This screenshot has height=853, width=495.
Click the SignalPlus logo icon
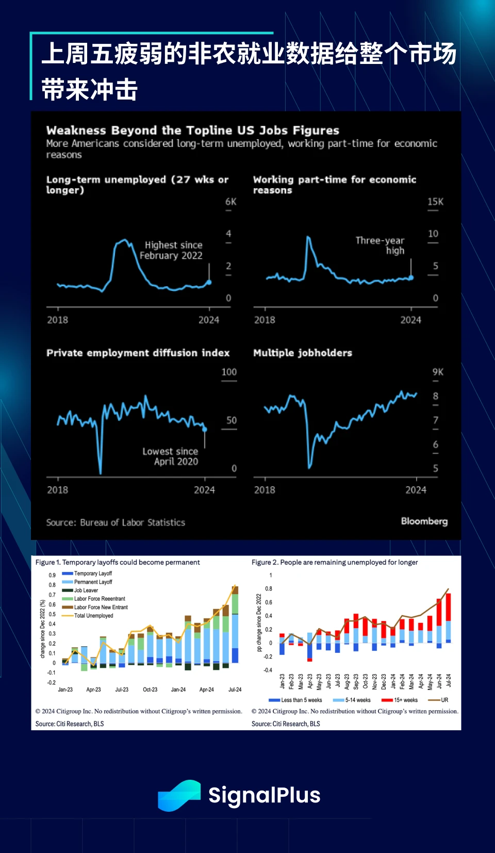pyautogui.click(x=179, y=795)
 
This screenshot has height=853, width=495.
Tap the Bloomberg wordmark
pyautogui.click(x=424, y=521)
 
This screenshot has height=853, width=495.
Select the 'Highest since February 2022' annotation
pyautogui.click(x=172, y=250)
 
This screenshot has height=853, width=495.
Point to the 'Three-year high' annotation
pyautogui.click(x=381, y=245)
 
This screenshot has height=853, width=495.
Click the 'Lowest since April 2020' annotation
pyautogui.click(x=171, y=456)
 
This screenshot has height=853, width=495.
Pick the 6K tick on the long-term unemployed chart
pyautogui.click(x=230, y=202)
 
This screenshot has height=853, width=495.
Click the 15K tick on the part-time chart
pyautogui.click(x=435, y=202)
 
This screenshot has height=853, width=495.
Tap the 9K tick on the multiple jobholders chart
pyautogui.click(x=437, y=372)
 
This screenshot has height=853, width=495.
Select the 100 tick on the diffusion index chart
pyautogui.click(x=229, y=372)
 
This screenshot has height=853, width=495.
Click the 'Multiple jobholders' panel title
pyautogui.click(x=303, y=353)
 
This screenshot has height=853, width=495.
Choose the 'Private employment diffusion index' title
pyautogui.click(x=138, y=353)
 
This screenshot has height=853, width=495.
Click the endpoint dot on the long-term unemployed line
pyautogui.click(x=209, y=282)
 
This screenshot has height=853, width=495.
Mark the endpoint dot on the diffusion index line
pyautogui.click(x=205, y=429)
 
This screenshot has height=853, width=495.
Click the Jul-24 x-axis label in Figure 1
pyautogui.click(x=235, y=690)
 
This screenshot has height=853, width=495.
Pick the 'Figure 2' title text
pyautogui.click(x=334, y=562)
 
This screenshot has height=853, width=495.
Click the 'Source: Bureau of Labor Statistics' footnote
pyautogui.click(x=115, y=522)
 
